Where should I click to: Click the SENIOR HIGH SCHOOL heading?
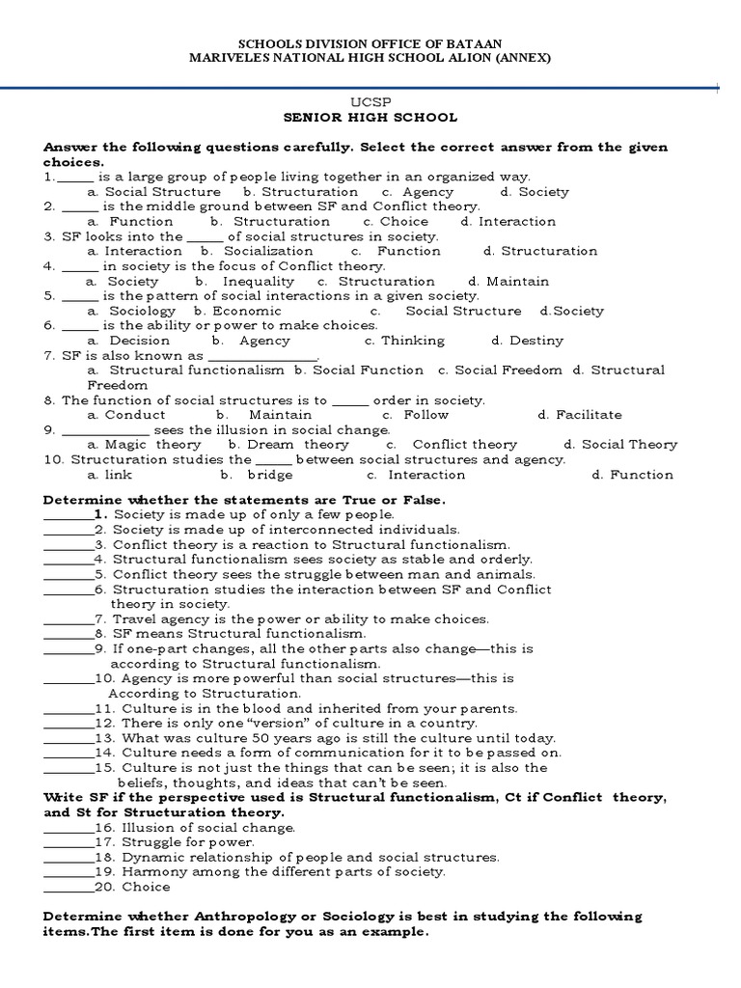[x=370, y=117]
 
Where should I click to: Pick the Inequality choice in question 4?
[x=245, y=281]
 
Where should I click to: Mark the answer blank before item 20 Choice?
[x=68, y=888]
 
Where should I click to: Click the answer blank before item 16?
[x=68, y=828]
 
